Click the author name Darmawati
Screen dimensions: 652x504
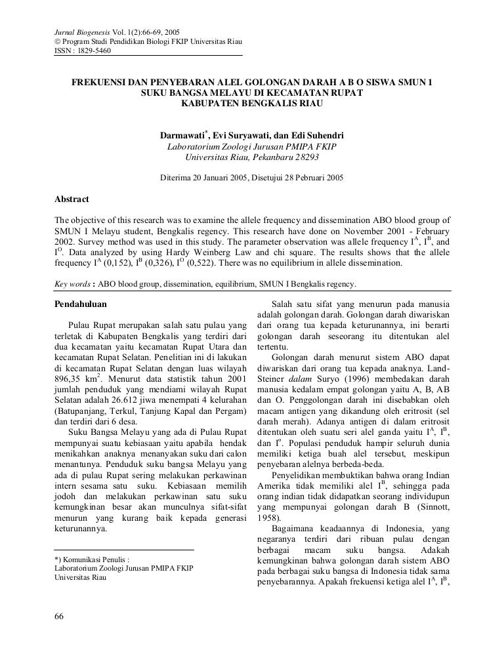click(182, 136)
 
